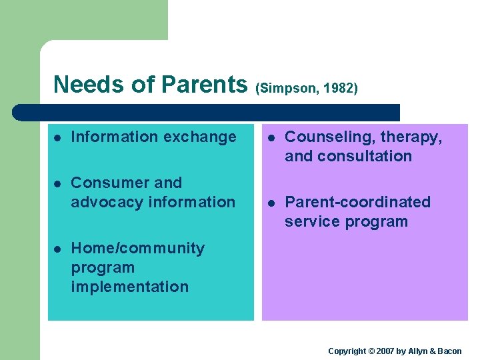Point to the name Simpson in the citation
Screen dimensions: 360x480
click(283, 88)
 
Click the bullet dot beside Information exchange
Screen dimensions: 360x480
click(58, 137)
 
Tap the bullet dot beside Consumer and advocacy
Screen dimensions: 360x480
click(58, 183)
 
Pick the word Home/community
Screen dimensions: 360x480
click(137, 249)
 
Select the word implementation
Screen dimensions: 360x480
click(129, 287)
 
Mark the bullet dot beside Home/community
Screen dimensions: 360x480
click(58, 249)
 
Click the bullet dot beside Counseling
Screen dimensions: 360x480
click(272, 137)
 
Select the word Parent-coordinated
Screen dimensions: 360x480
click(357, 202)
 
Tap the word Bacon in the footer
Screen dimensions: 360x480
click(450, 351)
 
